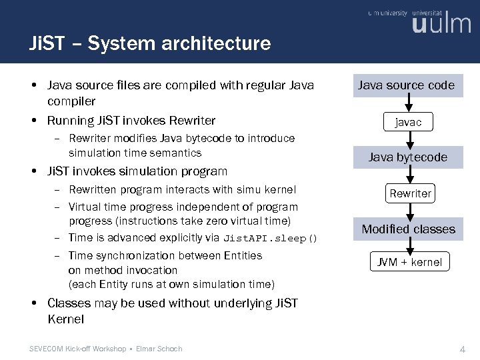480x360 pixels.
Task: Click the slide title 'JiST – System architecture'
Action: tap(150, 44)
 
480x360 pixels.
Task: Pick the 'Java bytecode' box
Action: tap(408, 157)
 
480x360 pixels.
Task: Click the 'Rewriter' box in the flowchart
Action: tap(410, 193)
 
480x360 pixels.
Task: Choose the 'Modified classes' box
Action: tap(408, 229)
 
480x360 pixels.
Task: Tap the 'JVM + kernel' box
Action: tap(409, 262)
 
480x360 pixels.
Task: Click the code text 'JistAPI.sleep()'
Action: tap(271, 239)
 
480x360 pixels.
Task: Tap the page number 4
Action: tap(462, 349)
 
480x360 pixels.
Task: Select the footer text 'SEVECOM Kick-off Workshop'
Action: tap(78, 349)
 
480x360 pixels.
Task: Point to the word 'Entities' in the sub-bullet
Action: tap(242, 256)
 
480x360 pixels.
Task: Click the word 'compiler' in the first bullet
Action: tap(71, 101)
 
